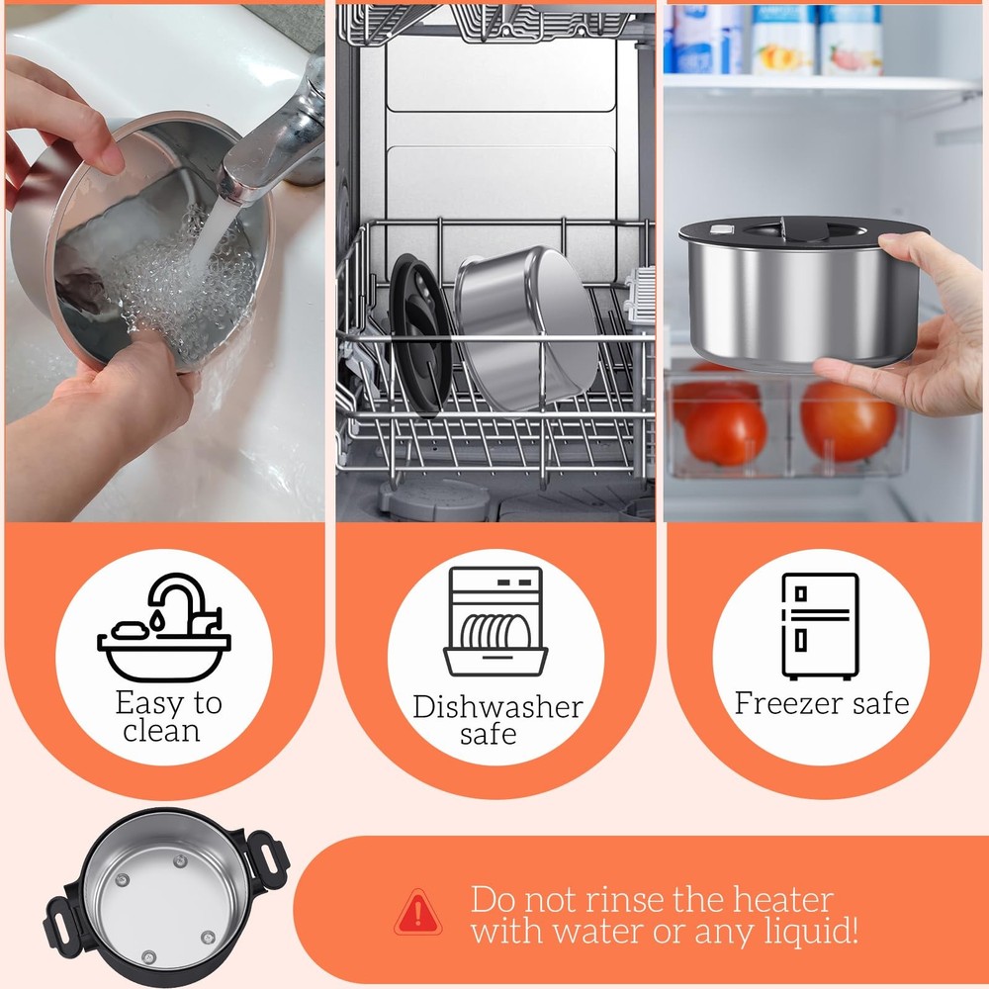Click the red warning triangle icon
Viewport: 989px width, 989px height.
tap(417, 913)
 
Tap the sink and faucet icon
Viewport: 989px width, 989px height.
tap(164, 627)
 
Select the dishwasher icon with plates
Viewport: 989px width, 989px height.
tap(495, 622)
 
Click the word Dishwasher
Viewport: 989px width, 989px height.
tap(497, 707)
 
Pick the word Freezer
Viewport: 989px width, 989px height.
tap(789, 702)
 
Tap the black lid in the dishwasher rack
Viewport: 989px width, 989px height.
tap(420, 335)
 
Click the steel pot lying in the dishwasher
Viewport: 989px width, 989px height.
tap(528, 328)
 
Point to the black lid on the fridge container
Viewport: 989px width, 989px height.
tap(801, 232)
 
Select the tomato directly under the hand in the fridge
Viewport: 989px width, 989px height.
tap(849, 420)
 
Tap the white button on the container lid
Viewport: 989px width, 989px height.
tap(722, 229)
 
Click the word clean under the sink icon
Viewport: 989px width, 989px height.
tap(161, 731)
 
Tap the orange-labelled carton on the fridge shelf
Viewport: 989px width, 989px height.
tap(782, 41)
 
